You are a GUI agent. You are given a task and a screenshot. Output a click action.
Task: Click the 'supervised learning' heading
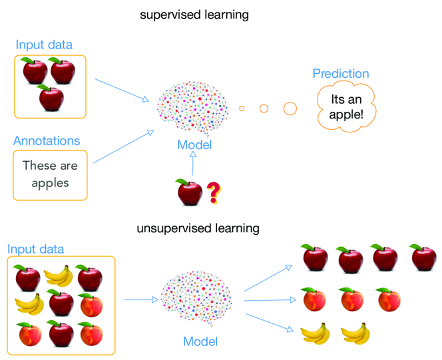tap(194, 15)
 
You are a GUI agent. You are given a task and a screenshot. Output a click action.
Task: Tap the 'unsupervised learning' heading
tap(198, 228)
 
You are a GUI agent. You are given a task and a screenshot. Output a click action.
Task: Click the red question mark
tap(214, 193)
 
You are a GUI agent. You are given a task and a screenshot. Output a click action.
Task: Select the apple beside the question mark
tap(189, 192)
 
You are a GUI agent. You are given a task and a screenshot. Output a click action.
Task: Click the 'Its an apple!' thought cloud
tap(346, 106)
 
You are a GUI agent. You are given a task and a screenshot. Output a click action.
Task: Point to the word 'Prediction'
tap(341, 73)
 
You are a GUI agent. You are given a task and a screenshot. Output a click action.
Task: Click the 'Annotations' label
tap(47, 141)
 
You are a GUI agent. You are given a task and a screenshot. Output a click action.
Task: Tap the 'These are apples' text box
tap(50, 175)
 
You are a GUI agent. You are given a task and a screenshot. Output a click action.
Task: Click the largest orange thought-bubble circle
tap(290, 108)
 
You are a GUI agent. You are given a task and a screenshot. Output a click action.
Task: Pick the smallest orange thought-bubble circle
tap(242, 108)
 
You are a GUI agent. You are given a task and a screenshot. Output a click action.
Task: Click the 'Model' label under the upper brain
tap(194, 145)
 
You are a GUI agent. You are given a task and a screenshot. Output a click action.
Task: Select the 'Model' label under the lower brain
tap(200, 341)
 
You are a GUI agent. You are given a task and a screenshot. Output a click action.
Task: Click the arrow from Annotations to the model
tap(123, 146)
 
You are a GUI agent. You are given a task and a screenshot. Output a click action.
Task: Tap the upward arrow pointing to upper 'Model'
tap(193, 164)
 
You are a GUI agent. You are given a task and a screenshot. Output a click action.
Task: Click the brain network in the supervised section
tap(193, 108)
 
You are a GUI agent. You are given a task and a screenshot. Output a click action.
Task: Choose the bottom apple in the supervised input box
tap(51, 97)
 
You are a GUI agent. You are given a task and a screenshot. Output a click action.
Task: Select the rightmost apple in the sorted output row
tap(423, 258)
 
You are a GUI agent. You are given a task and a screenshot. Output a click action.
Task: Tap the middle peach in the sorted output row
tap(351, 299)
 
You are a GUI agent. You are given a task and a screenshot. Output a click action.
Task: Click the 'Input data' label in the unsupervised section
tap(36, 250)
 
